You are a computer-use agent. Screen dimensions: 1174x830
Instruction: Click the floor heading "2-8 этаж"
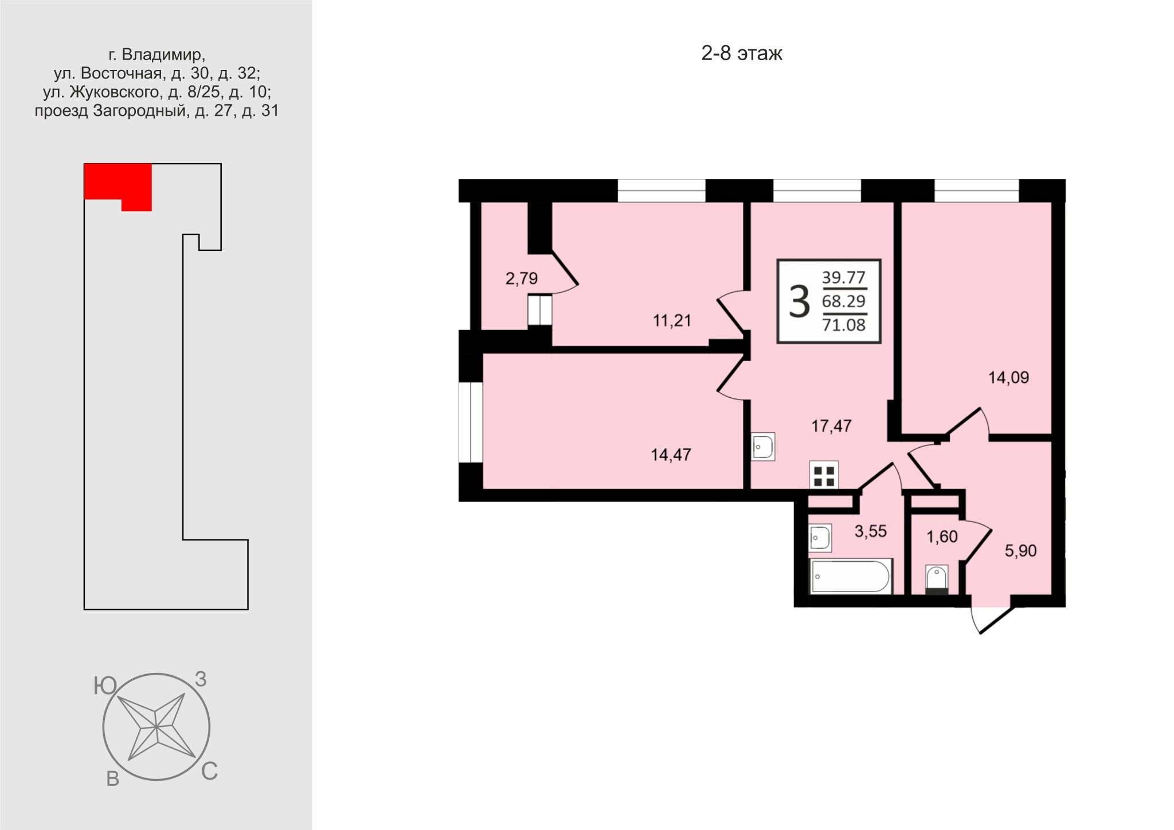(742, 53)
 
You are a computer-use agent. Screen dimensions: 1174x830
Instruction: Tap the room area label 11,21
(672, 320)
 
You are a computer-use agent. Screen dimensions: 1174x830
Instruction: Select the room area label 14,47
(671, 455)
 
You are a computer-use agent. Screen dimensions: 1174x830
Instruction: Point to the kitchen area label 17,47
(831, 426)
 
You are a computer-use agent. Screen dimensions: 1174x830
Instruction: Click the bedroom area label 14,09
(1008, 378)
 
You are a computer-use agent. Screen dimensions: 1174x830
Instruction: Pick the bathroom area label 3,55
(871, 531)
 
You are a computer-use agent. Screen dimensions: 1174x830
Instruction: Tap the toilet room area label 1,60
(942, 537)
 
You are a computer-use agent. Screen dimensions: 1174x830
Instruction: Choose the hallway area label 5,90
(1021, 551)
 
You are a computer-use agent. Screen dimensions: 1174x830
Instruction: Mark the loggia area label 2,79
(522, 279)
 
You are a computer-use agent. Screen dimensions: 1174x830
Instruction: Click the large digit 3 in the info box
(799, 302)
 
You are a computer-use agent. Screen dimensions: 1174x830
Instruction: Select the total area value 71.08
(844, 325)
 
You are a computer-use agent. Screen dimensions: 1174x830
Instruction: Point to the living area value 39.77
(844, 277)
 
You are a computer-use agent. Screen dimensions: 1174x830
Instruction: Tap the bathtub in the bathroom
(851, 576)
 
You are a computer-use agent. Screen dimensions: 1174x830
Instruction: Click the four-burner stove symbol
(824, 475)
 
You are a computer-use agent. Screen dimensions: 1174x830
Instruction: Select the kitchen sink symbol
(763, 447)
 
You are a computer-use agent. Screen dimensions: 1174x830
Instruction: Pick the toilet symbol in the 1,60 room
(937, 579)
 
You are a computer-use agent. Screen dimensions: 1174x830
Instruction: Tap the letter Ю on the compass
(105, 686)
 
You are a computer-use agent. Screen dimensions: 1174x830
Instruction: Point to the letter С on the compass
(209, 772)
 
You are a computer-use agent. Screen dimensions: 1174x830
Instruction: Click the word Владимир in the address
(162, 54)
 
